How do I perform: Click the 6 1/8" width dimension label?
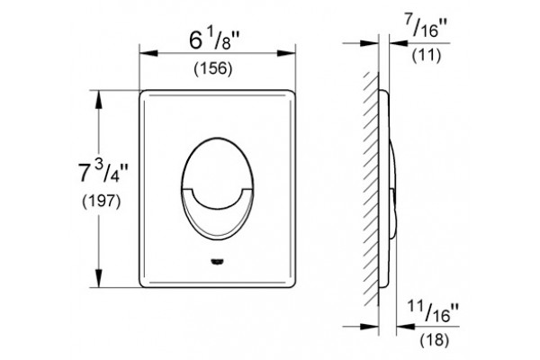[214, 40]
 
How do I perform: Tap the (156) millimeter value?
[212, 68]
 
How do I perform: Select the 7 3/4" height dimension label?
[103, 171]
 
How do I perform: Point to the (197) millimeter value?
[102, 201]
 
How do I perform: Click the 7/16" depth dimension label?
[426, 26]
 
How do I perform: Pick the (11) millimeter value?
[427, 55]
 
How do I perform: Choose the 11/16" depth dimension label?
[433, 310]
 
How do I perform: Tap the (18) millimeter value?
[435, 339]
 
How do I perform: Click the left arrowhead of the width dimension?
[148, 53]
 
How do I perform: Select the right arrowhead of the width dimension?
[286, 53]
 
